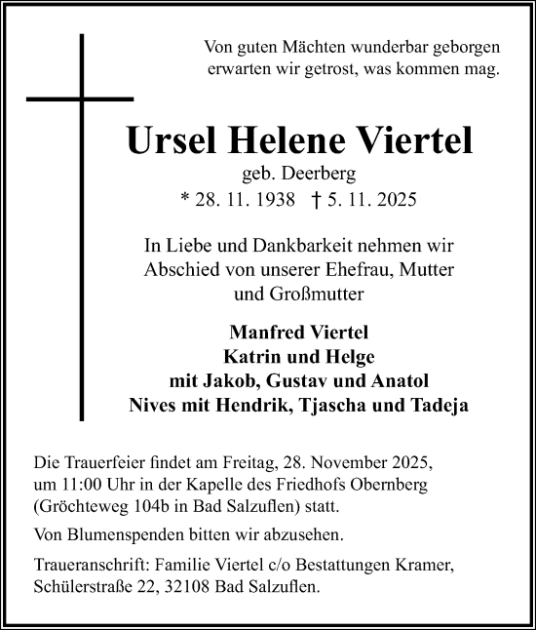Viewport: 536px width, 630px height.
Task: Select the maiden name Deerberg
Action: click(312, 177)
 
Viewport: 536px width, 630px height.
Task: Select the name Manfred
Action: click(261, 330)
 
